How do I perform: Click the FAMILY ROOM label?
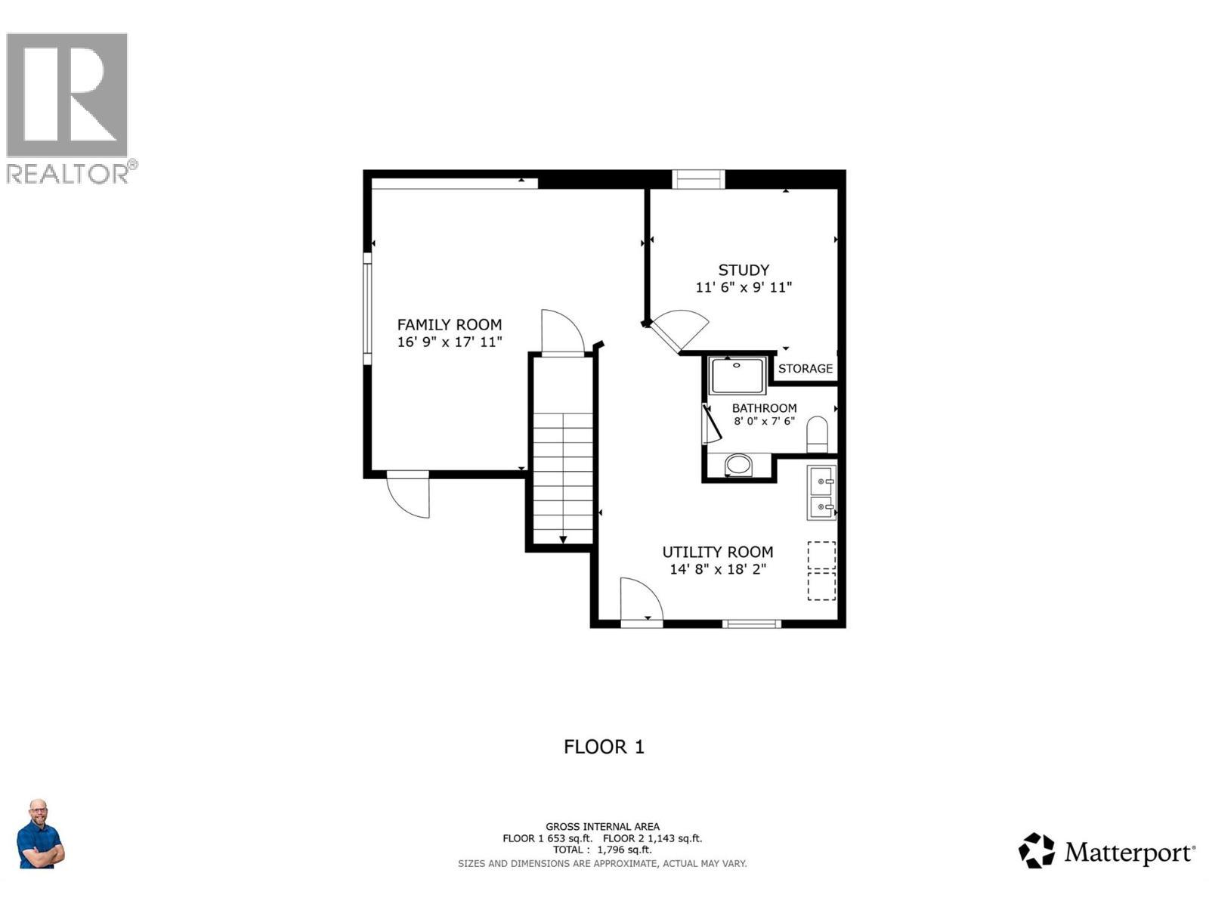click(450, 324)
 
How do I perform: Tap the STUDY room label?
click(744, 270)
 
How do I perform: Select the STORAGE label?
click(805, 369)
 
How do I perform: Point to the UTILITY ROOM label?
click(717, 552)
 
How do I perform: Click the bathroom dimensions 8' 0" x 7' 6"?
click(764, 421)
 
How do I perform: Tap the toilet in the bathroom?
click(817, 434)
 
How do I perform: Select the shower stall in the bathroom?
click(737, 376)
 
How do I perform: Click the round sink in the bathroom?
click(738, 464)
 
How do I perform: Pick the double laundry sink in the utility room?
click(821, 493)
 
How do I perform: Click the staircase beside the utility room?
click(563, 476)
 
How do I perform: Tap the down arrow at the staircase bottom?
click(563, 538)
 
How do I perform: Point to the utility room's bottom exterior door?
click(641, 602)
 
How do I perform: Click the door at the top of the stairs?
click(562, 333)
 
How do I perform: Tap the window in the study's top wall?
click(698, 179)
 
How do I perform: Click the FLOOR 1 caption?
click(604, 747)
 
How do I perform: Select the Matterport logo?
click(1106, 852)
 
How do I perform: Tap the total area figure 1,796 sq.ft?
click(623, 850)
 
